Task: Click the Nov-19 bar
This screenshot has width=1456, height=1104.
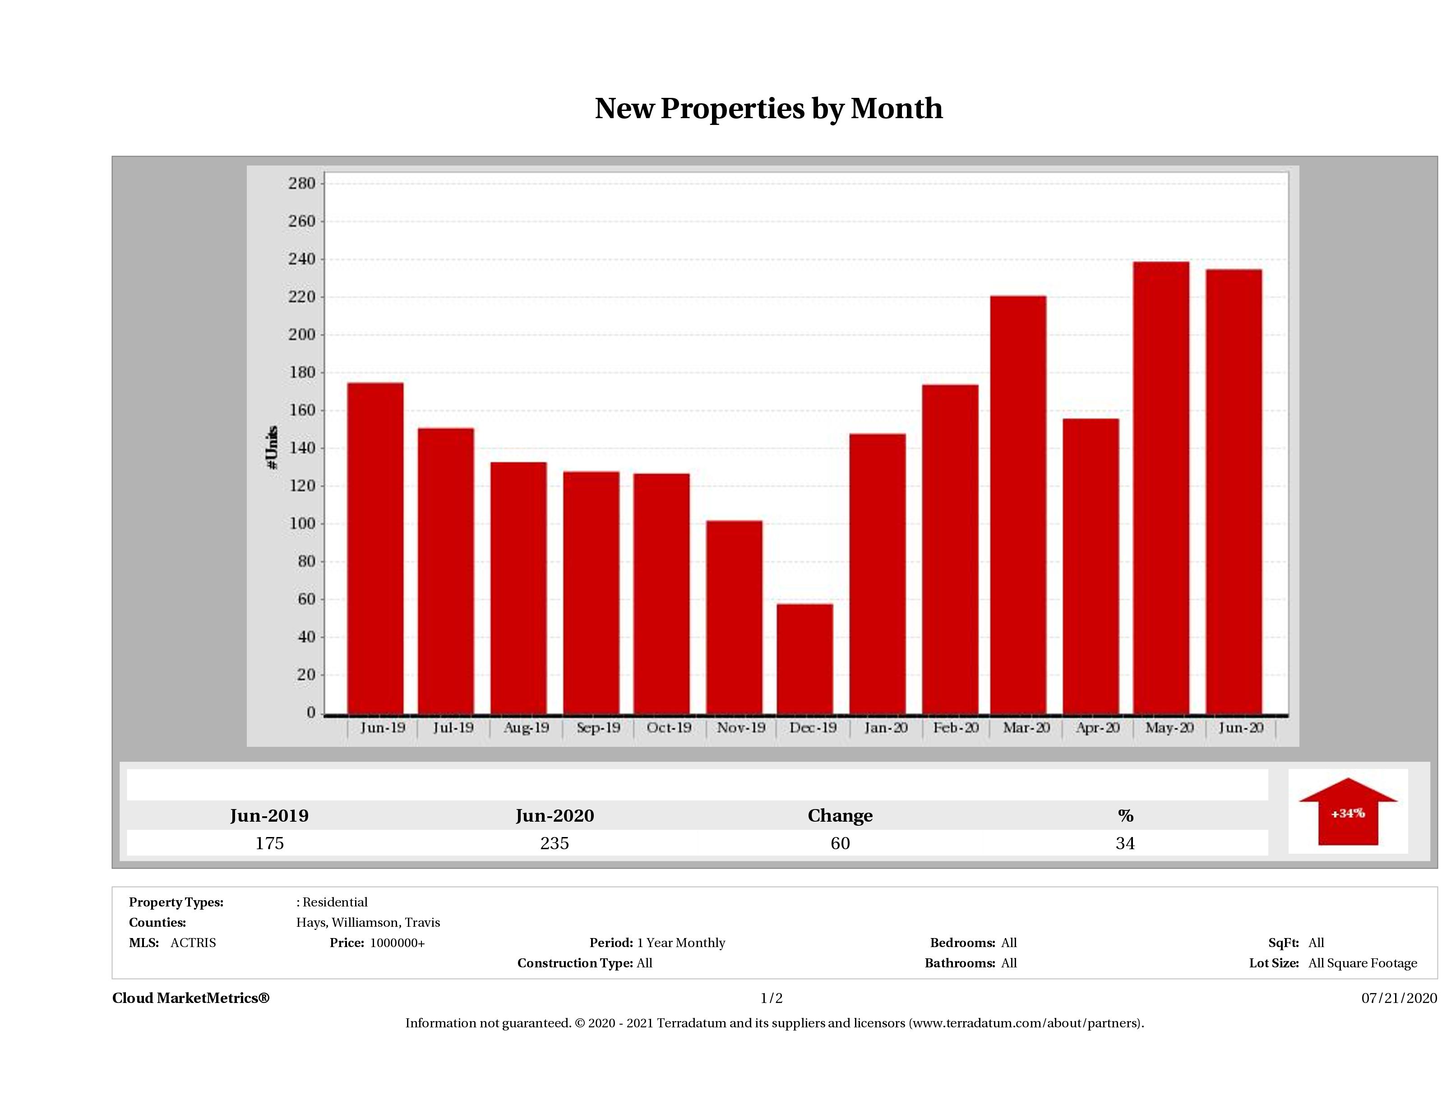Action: (x=734, y=616)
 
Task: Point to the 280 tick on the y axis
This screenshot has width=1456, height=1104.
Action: (x=302, y=184)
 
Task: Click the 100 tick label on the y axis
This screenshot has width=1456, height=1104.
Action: (x=302, y=524)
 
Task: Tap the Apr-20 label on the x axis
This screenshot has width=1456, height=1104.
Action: (x=1097, y=728)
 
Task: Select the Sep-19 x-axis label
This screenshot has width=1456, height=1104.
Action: (x=598, y=728)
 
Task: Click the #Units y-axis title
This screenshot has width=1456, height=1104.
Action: (x=272, y=447)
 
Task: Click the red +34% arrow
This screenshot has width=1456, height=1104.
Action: (x=1347, y=813)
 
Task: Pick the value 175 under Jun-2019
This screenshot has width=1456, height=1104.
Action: (x=269, y=843)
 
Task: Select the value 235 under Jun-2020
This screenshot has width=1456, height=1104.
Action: (x=554, y=843)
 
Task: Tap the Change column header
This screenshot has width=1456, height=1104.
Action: (x=840, y=816)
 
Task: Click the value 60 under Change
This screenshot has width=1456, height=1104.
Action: (x=840, y=843)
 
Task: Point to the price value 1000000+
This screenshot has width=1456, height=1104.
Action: (x=397, y=943)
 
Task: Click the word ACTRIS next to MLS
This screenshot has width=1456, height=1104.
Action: (x=193, y=943)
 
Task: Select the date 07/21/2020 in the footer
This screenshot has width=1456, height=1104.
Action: (x=1399, y=998)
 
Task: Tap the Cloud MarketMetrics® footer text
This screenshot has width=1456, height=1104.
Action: (x=191, y=998)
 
